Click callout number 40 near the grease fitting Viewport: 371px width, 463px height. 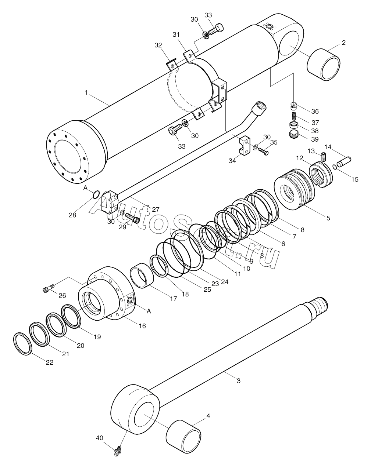pos(99,438)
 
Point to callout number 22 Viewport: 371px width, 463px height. pos(49,362)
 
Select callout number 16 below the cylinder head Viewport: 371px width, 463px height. pos(142,325)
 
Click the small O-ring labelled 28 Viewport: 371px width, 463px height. pos(96,194)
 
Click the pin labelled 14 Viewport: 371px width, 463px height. pos(345,160)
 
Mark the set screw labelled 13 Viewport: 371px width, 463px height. pos(323,157)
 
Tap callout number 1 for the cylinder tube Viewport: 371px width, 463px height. pos(86,93)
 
